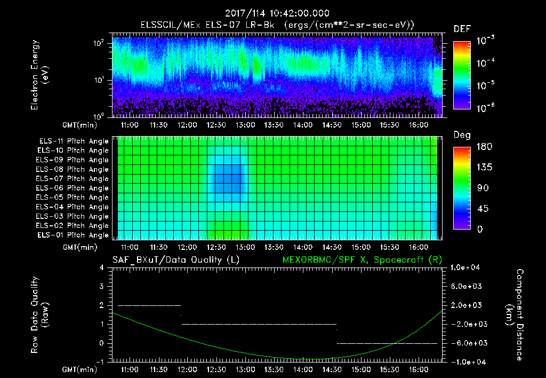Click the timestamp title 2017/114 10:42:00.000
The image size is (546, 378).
coord(277,13)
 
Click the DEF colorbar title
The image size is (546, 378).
coord(462,29)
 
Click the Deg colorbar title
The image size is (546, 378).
coord(461,135)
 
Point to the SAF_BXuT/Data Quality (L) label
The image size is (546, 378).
coord(175,259)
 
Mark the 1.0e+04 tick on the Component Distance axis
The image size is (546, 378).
coord(467,267)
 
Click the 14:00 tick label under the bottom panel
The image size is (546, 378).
coord(302,369)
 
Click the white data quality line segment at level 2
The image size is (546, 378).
coord(149,305)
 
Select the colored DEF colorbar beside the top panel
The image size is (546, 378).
coord(461,75)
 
